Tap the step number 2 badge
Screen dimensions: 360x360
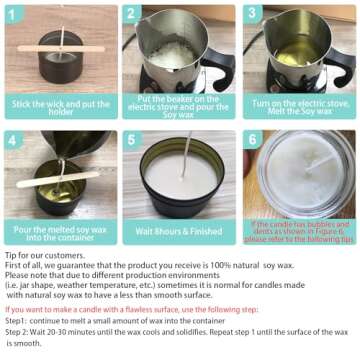tap(132, 13)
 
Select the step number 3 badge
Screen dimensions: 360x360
tap(252, 13)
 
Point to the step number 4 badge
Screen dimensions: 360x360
tap(13, 139)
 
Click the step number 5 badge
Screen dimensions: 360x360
tap(132, 139)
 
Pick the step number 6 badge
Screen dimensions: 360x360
tap(252, 139)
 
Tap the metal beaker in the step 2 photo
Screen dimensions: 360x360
tap(170, 55)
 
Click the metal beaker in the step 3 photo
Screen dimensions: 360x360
tap(290, 55)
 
